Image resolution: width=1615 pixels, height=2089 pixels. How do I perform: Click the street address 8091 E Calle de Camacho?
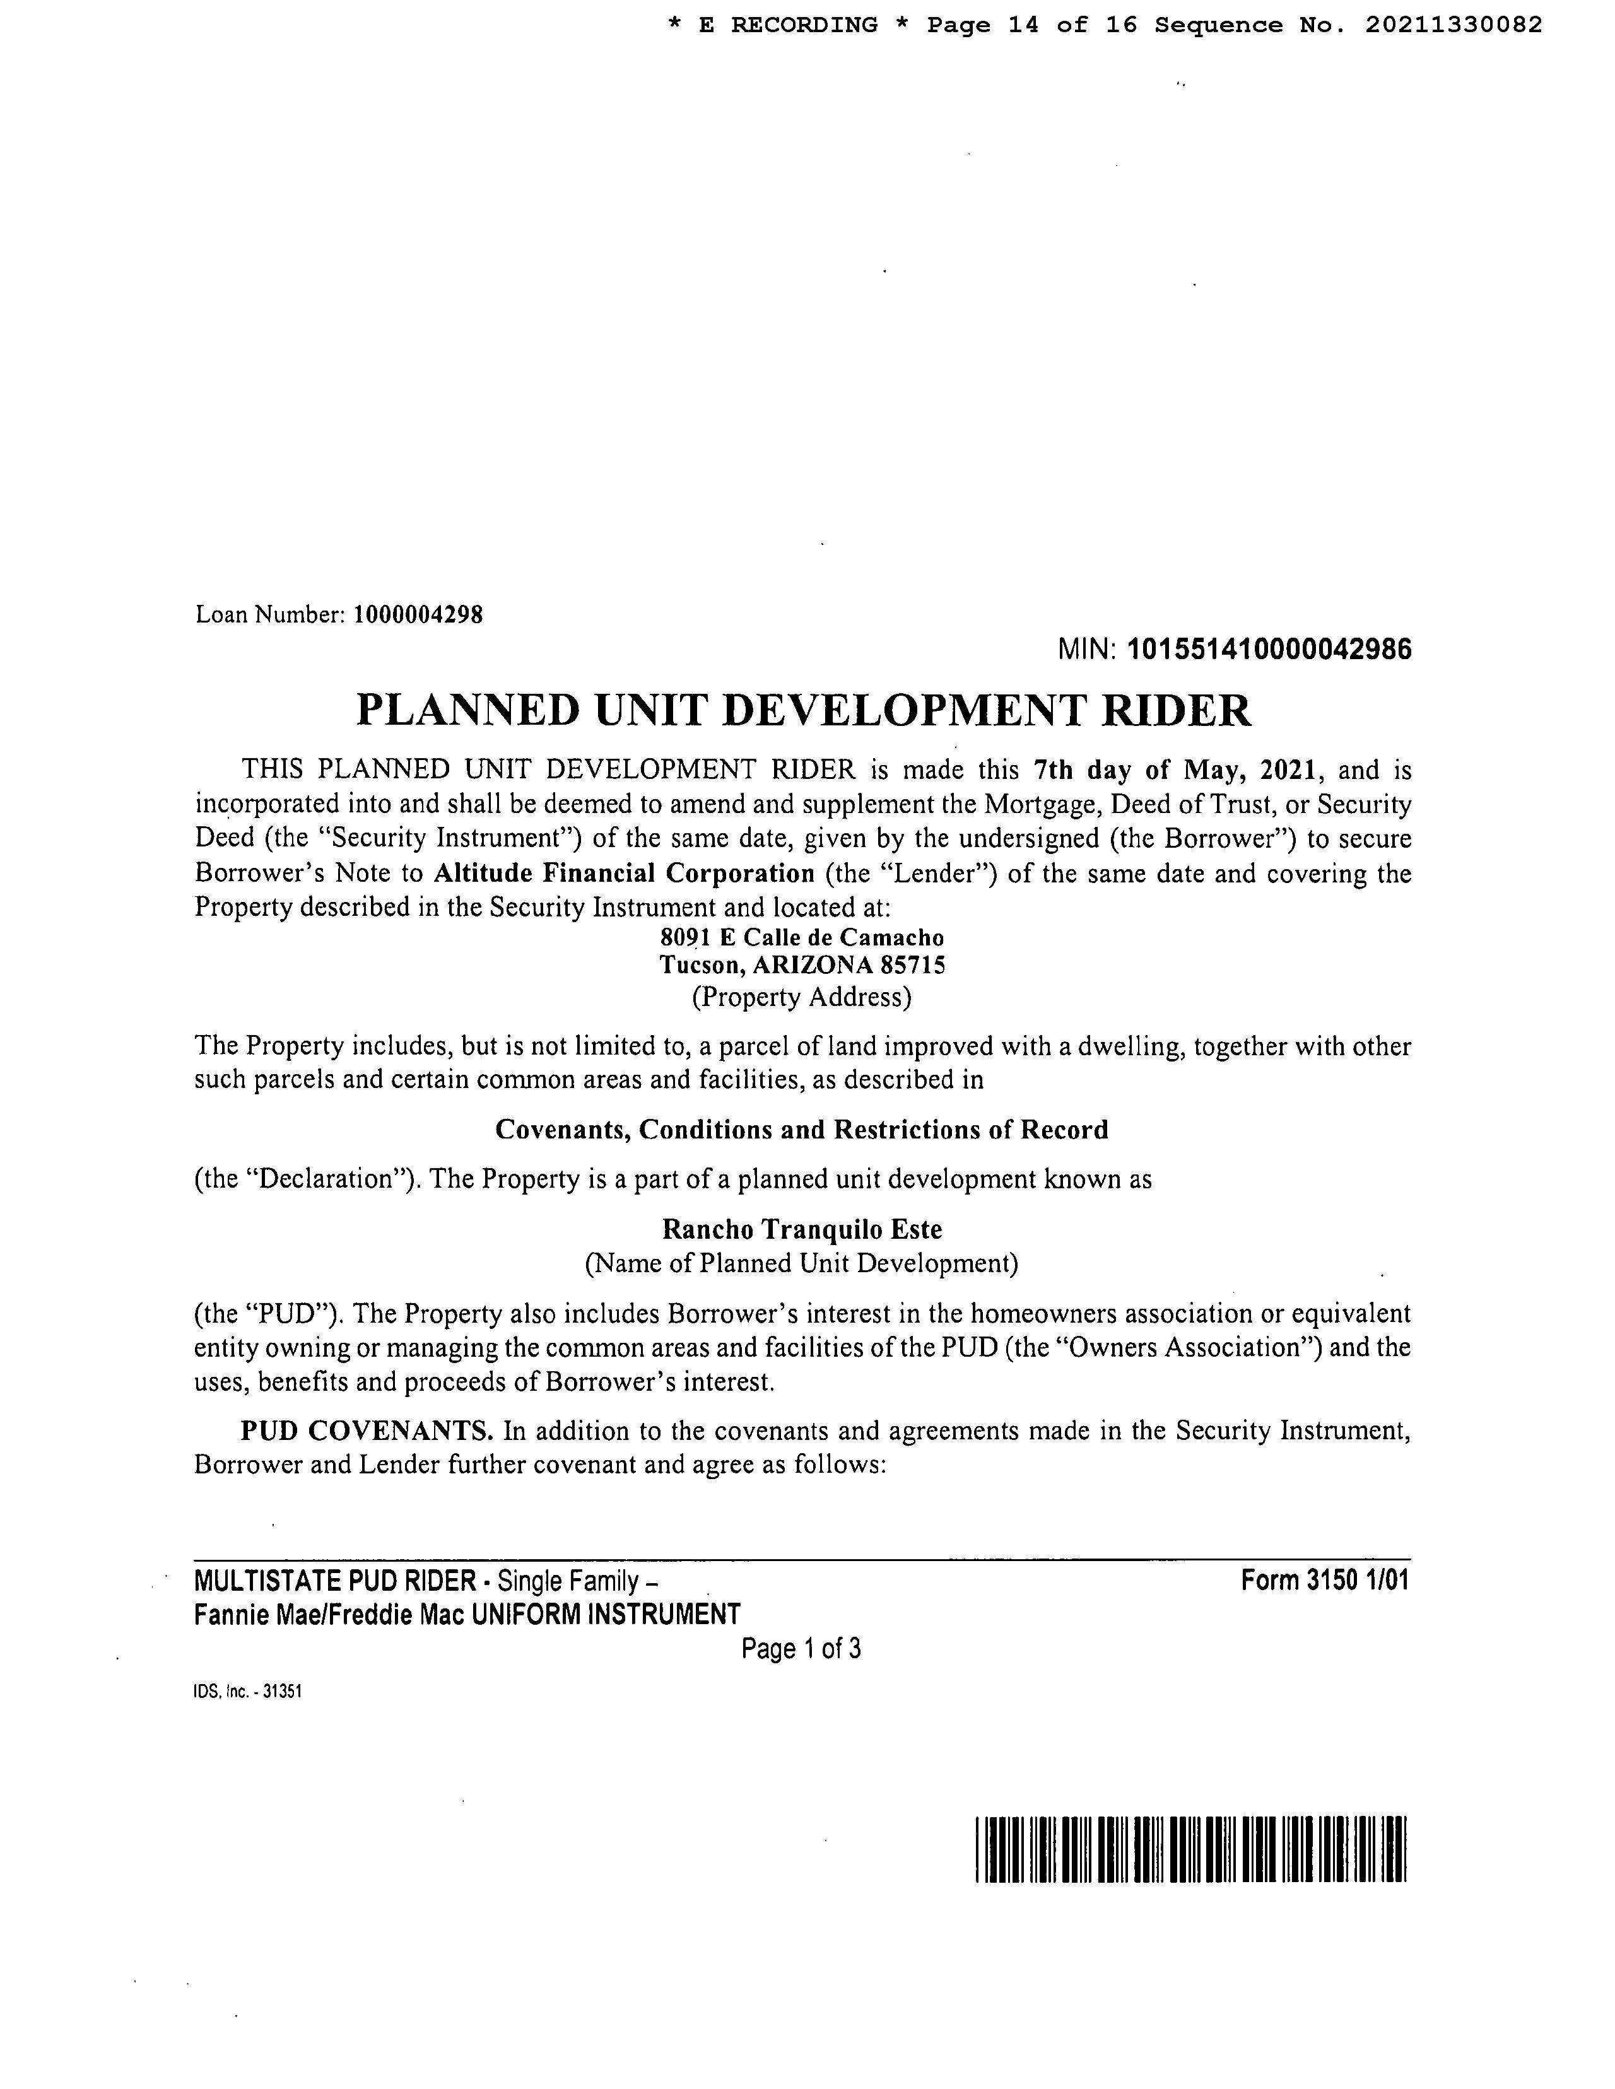tap(802, 939)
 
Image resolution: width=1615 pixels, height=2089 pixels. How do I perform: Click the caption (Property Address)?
tap(802, 998)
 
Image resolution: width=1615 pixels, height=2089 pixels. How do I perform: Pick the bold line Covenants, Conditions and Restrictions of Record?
tap(802, 1130)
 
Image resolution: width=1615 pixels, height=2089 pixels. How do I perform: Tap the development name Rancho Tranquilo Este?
tap(802, 1229)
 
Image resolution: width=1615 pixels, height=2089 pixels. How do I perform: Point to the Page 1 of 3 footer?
tap(802, 1648)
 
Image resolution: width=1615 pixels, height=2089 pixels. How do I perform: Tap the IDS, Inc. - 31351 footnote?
tap(248, 1691)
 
